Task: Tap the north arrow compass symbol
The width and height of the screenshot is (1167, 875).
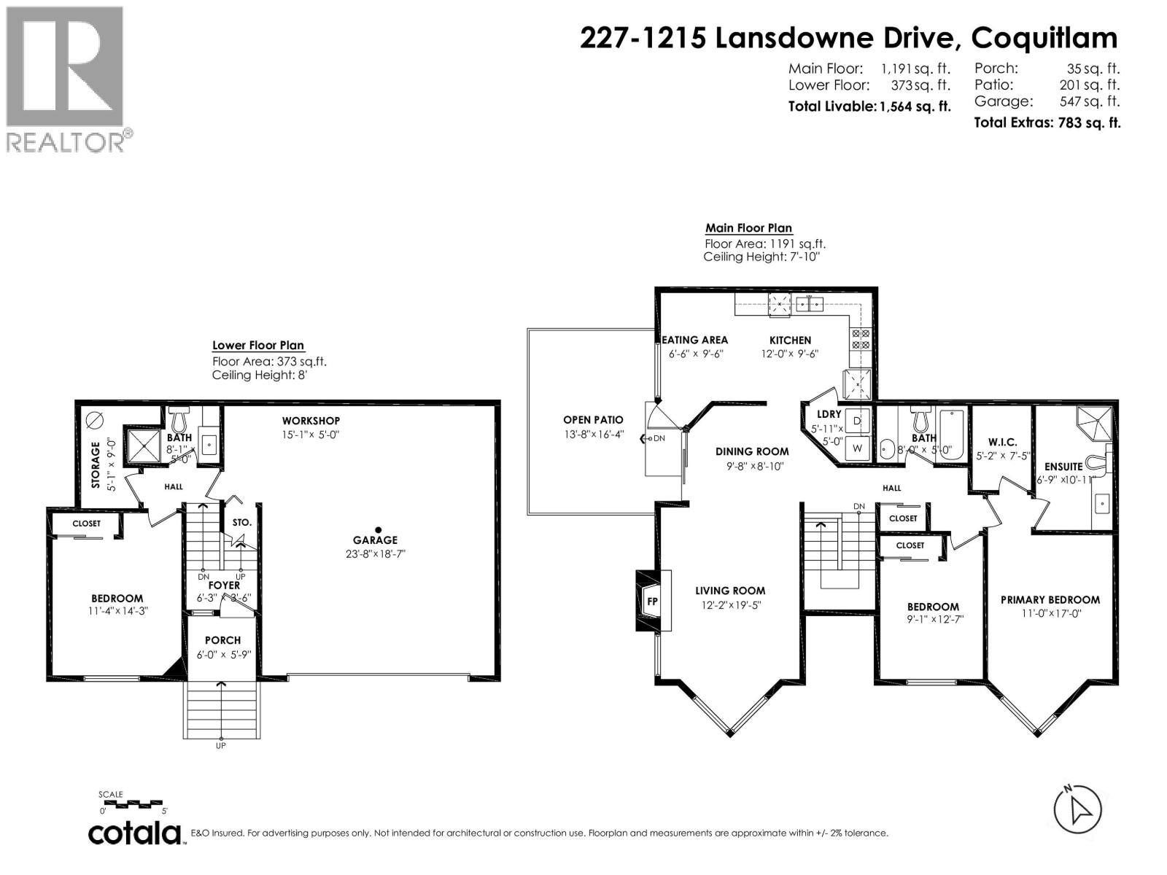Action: click(1078, 809)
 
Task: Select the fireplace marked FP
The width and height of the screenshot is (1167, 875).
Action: click(652, 601)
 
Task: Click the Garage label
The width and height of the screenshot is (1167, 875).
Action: click(375, 540)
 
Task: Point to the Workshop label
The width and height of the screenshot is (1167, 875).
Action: click(311, 421)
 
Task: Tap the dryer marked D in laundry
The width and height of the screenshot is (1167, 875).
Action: click(857, 421)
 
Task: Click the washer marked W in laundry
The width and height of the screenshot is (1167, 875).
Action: click(857, 448)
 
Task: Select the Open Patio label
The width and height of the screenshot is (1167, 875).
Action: click(593, 420)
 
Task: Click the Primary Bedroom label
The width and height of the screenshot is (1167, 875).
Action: click(1050, 599)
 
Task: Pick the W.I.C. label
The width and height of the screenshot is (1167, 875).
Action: click(1001, 442)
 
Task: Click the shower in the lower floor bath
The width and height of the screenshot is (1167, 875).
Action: click(143, 445)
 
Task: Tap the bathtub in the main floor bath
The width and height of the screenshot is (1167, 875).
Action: click(951, 435)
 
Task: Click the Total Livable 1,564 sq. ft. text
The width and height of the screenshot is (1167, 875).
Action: click(869, 106)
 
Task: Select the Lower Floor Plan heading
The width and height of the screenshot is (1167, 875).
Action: click(258, 346)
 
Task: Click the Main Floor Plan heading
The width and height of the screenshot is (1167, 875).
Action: click(748, 228)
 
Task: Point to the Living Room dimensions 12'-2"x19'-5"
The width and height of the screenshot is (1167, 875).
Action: click(730, 604)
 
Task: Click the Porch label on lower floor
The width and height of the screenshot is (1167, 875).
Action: click(222, 640)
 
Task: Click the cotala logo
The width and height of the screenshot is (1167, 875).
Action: click(135, 833)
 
